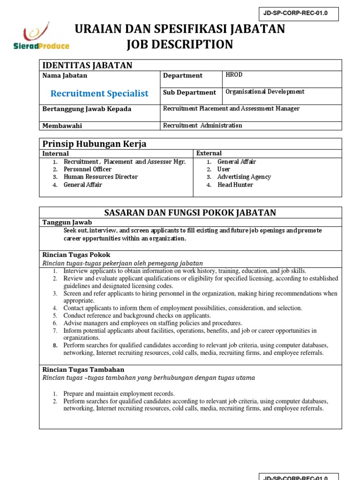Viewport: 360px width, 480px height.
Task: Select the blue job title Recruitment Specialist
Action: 99,93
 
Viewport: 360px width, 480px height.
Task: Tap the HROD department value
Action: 234,75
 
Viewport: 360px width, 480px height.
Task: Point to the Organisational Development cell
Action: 265,92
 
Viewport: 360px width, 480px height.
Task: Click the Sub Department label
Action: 189,92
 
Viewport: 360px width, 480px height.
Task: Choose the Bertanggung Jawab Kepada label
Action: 87,109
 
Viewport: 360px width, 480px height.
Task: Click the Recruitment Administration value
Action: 202,126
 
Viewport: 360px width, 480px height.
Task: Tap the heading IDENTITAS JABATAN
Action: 87,65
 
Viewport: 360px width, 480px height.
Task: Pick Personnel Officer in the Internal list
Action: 88,169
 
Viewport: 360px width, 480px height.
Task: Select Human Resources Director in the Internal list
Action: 101,177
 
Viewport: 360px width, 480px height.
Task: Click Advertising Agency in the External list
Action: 244,177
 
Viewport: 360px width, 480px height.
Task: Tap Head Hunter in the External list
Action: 235,185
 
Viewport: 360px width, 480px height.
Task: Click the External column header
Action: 209,153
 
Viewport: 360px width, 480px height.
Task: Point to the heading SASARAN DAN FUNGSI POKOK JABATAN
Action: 190,213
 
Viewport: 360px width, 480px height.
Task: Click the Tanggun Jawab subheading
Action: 67,222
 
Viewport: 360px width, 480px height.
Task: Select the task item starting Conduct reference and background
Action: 137,316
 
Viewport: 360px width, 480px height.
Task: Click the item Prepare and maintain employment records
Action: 119,394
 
